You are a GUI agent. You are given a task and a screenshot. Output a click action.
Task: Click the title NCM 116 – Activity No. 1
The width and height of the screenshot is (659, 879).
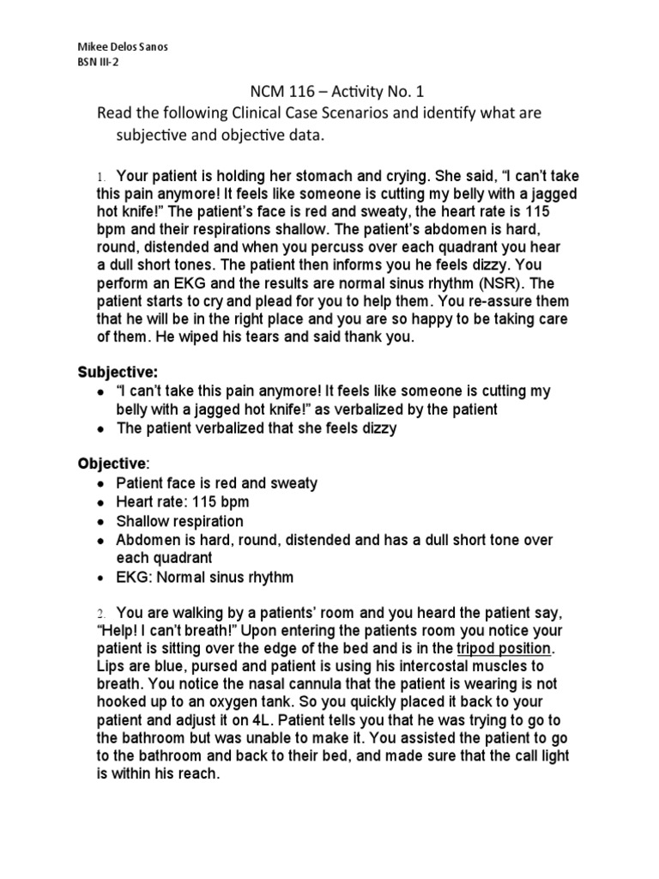[329, 92]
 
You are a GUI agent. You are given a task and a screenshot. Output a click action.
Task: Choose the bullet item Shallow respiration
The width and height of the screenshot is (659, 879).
[179, 521]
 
